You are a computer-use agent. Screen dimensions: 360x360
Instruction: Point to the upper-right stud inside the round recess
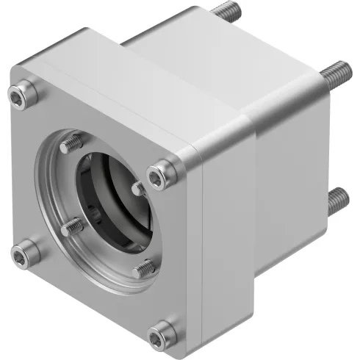(137, 189)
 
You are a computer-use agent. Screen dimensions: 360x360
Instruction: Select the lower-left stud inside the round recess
(71, 228)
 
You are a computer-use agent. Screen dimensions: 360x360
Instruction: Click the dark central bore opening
(110, 198)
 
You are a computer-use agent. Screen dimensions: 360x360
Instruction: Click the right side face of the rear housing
(294, 184)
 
